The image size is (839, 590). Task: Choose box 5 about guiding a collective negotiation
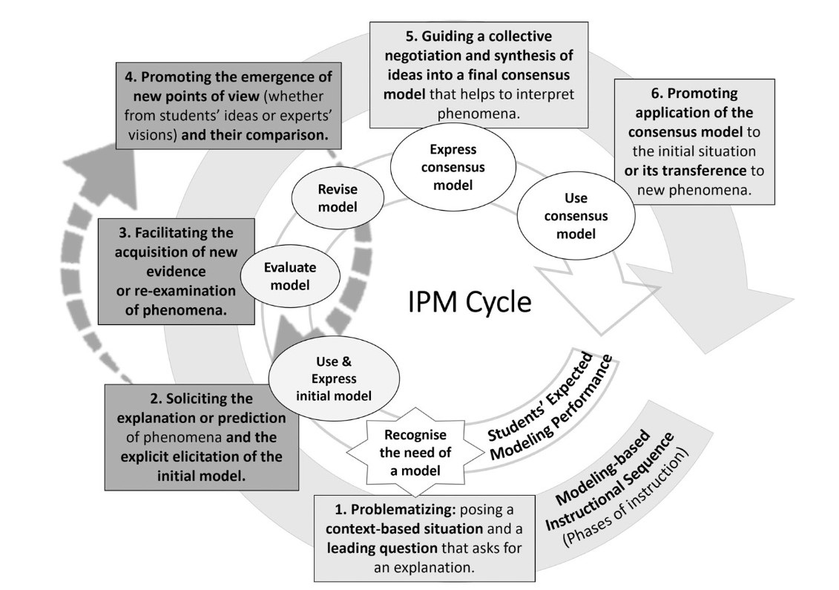point(478,74)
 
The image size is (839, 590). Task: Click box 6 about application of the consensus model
point(694,142)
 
